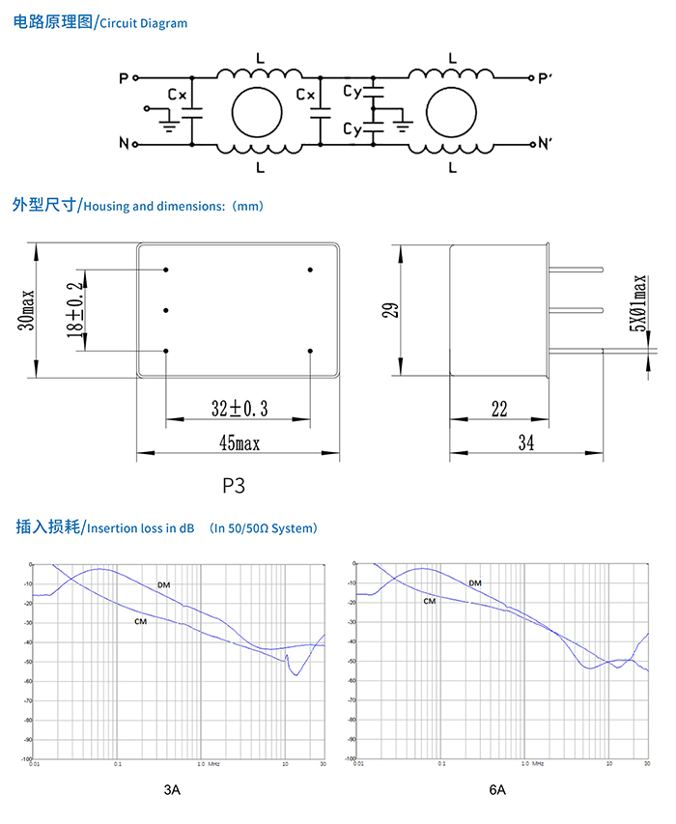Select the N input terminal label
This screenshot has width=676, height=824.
124,145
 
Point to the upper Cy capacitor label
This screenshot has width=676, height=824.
352,92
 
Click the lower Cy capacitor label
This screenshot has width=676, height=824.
352,128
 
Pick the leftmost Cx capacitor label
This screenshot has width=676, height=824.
176,96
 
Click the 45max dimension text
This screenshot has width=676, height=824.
239,442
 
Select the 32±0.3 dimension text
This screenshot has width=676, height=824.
239,409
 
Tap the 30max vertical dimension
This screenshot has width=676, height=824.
27,310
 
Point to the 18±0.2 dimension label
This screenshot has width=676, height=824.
74,310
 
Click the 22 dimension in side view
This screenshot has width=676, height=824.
498,410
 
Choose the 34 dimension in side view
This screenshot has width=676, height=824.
525,442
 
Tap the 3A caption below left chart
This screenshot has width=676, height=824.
171,790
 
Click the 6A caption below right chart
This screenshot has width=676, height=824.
496,790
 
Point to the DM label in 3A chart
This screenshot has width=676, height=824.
163,584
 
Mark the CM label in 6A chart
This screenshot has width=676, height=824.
429,600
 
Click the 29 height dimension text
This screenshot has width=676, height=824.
388,310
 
